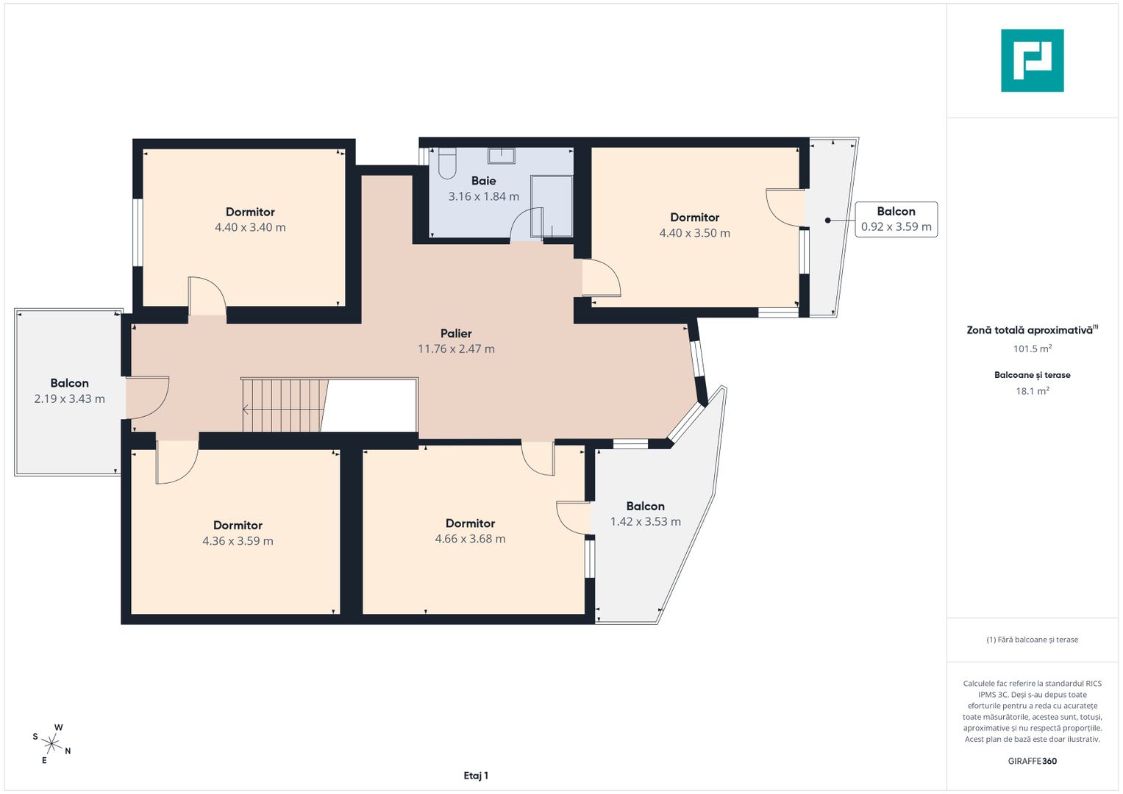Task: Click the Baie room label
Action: [x=483, y=180]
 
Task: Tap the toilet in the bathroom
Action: [x=446, y=163]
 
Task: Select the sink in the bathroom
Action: [x=502, y=155]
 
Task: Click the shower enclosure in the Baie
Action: [x=552, y=206]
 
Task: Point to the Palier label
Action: [x=456, y=333]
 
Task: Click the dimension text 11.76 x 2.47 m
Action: [x=456, y=349]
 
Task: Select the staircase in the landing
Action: [x=285, y=405]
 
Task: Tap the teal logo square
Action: [x=1033, y=60]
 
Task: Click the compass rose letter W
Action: [x=59, y=727]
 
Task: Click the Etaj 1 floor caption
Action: [x=476, y=776]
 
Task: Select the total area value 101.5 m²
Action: [x=1033, y=348]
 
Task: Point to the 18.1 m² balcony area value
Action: [x=1033, y=391]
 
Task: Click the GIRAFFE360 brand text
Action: [x=1033, y=761]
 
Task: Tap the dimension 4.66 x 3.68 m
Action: [x=470, y=539]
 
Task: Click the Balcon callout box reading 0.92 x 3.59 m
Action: [x=896, y=219]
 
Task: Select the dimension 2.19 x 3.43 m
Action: [x=70, y=399]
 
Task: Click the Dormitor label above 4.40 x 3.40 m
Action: [x=250, y=212]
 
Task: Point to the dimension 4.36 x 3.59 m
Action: [x=238, y=541]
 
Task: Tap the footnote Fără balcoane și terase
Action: [x=1033, y=640]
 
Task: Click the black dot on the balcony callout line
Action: [x=827, y=221]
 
